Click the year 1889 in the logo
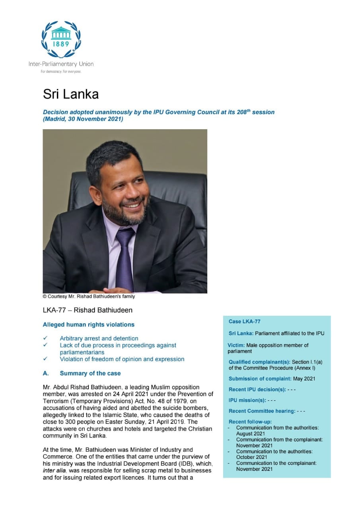[x=61, y=44]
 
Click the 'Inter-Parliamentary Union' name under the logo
[x=61, y=64]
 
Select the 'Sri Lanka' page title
[x=70, y=94]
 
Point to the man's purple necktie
[x=124, y=258]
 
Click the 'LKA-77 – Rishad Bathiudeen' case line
[x=88, y=310]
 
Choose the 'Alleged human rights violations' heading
[x=88, y=324]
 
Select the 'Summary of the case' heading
[x=90, y=373]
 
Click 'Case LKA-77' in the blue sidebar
[x=244, y=321]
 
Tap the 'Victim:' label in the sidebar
[x=236, y=345]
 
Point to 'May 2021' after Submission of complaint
[x=304, y=379]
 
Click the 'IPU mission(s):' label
[x=247, y=400]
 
